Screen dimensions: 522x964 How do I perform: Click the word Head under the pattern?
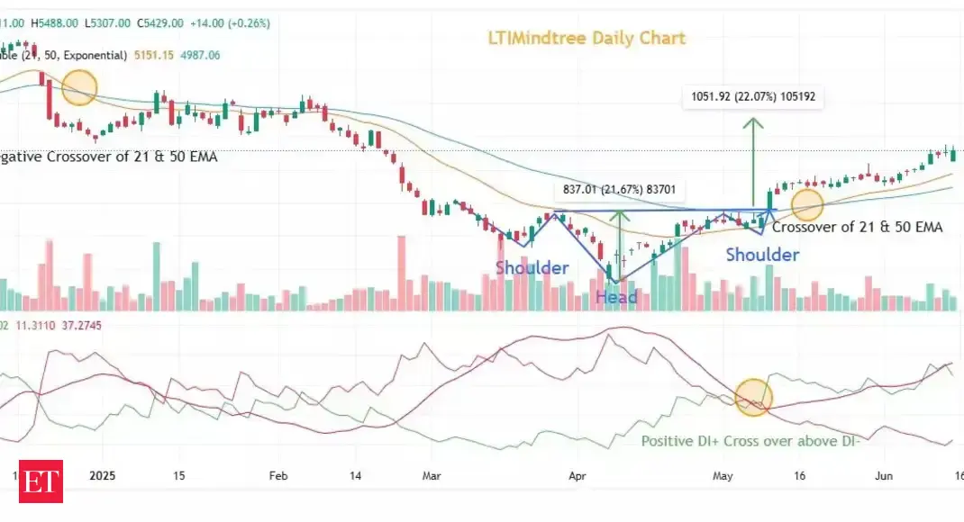click(x=616, y=297)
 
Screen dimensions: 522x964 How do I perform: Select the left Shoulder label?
click(x=532, y=267)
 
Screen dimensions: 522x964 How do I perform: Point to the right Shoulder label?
click(x=762, y=255)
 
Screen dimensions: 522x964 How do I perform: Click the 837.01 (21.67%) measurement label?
click(x=621, y=190)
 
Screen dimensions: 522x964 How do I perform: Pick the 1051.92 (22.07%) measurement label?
click(x=752, y=95)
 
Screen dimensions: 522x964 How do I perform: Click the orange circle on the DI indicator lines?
click(x=753, y=397)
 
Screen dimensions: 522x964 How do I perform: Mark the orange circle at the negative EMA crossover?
click(x=78, y=87)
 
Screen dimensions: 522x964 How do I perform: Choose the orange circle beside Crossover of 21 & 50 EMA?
click(x=806, y=204)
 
